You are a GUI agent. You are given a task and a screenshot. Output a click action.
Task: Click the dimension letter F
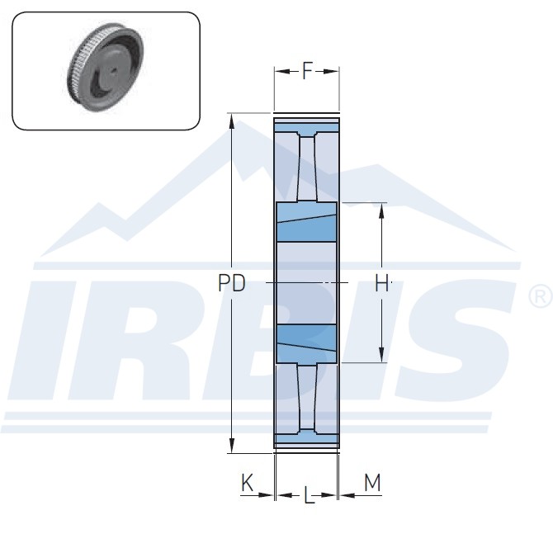pos(308,71)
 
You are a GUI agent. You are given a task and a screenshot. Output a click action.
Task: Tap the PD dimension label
pos(231,283)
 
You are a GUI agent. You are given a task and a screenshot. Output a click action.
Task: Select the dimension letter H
pos(381,283)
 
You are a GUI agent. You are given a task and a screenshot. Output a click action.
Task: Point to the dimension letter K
pos(247,483)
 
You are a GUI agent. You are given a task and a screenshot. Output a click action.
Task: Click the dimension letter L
pos(309,495)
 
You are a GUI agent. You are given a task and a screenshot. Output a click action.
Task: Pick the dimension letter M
pos(372,483)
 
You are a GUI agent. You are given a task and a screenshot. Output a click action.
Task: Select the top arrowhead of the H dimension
pos(381,211)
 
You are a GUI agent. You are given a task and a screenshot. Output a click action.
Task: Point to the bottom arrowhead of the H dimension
pos(381,355)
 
